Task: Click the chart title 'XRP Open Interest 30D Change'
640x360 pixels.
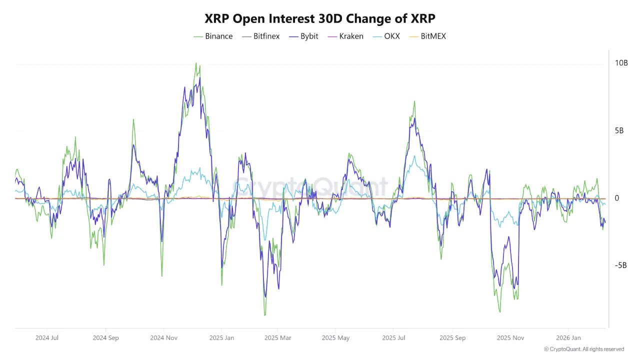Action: (x=320, y=18)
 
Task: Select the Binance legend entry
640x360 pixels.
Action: (x=213, y=36)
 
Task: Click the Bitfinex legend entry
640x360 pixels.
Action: (x=260, y=36)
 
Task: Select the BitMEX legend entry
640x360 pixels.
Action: (x=427, y=36)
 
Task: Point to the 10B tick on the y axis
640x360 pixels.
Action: (x=621, y=63)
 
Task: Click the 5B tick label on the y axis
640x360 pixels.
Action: (x=620, y=131)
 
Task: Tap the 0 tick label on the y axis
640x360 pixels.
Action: (x=616, y=198)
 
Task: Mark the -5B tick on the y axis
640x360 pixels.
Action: (x=620, y=265)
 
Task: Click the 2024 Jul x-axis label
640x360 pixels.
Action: (x=47, y=337)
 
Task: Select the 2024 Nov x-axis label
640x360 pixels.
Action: (x=164, y=337)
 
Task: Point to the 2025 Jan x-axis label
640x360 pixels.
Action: (x=222, y=337)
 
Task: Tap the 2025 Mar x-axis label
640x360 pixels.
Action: (x=278, y=337)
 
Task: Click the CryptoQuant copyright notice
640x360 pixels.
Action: (x=583, y=349)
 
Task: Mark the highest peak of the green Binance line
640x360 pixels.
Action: (x=196, y=63)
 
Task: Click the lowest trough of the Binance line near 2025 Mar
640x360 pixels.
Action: (x=265, y=315)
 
